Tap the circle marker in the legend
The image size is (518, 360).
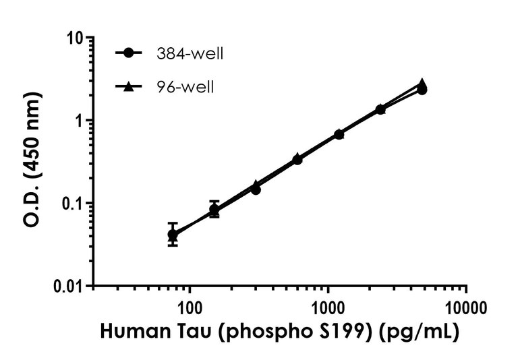pos(128,53)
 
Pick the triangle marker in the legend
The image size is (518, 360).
pos(128,86)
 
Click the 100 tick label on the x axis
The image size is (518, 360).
pos(189,308)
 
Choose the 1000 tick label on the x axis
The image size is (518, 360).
pos(328,308)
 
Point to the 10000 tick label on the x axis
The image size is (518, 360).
pos(466,308)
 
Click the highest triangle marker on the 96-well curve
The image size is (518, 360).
pos(422,84)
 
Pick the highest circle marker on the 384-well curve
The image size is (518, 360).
pos(422,90)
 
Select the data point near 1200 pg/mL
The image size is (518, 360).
pos(339,134)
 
